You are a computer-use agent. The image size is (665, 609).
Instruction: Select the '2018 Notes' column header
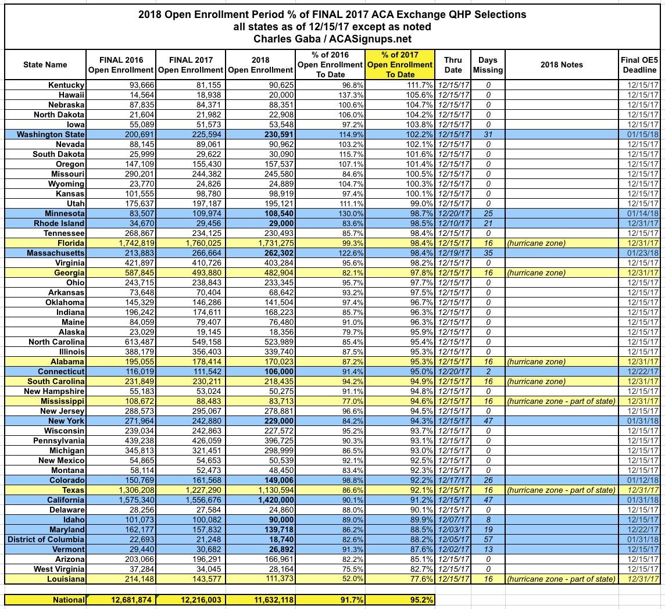[561, 65]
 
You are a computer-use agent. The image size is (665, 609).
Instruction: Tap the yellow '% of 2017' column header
[400, 65]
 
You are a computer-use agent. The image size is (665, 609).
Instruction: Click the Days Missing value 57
[488, 540]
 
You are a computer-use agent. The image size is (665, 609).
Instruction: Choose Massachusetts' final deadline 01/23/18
[642, 253]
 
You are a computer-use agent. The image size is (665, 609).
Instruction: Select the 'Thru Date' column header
[453, 65]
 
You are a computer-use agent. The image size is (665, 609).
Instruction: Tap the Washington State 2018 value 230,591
[275, 135]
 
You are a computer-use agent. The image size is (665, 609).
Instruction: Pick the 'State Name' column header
[45, 65]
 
